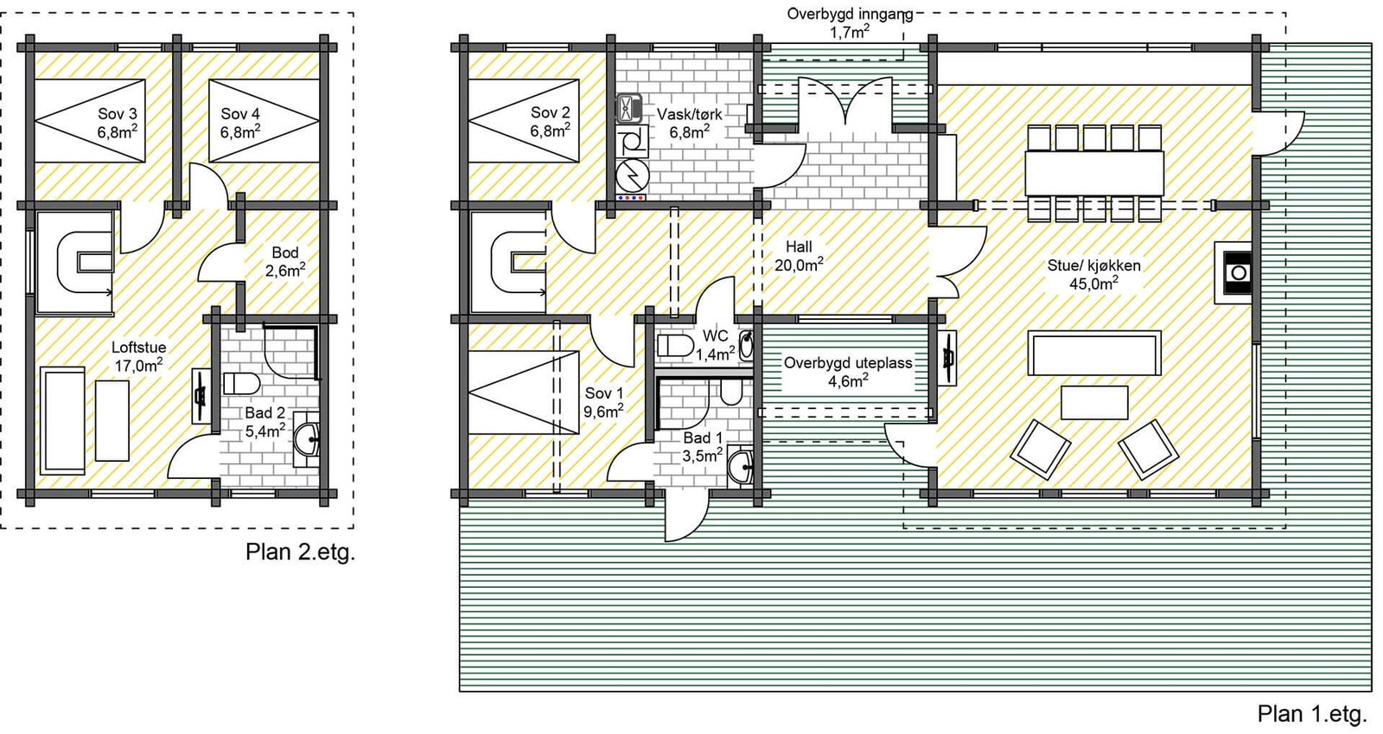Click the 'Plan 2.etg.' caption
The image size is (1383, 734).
300,552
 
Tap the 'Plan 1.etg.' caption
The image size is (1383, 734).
1312,713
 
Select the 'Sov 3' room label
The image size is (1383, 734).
118,113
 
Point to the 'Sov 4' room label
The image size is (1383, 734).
240,113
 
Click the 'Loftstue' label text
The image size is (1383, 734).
139,347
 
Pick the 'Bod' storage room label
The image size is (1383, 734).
285,252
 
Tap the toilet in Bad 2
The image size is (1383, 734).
241,383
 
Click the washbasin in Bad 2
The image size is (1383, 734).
306,439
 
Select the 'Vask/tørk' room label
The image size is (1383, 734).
689,114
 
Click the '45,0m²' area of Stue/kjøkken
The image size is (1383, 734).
1093,284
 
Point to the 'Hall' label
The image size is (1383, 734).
799,247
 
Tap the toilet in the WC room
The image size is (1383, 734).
675,346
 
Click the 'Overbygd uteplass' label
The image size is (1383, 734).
848,362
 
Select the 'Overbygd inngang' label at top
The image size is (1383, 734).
850,14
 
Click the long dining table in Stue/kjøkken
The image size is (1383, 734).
1094,173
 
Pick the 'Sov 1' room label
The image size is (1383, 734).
604,393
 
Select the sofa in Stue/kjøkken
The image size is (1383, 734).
1094,353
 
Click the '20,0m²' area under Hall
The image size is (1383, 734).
799,265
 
